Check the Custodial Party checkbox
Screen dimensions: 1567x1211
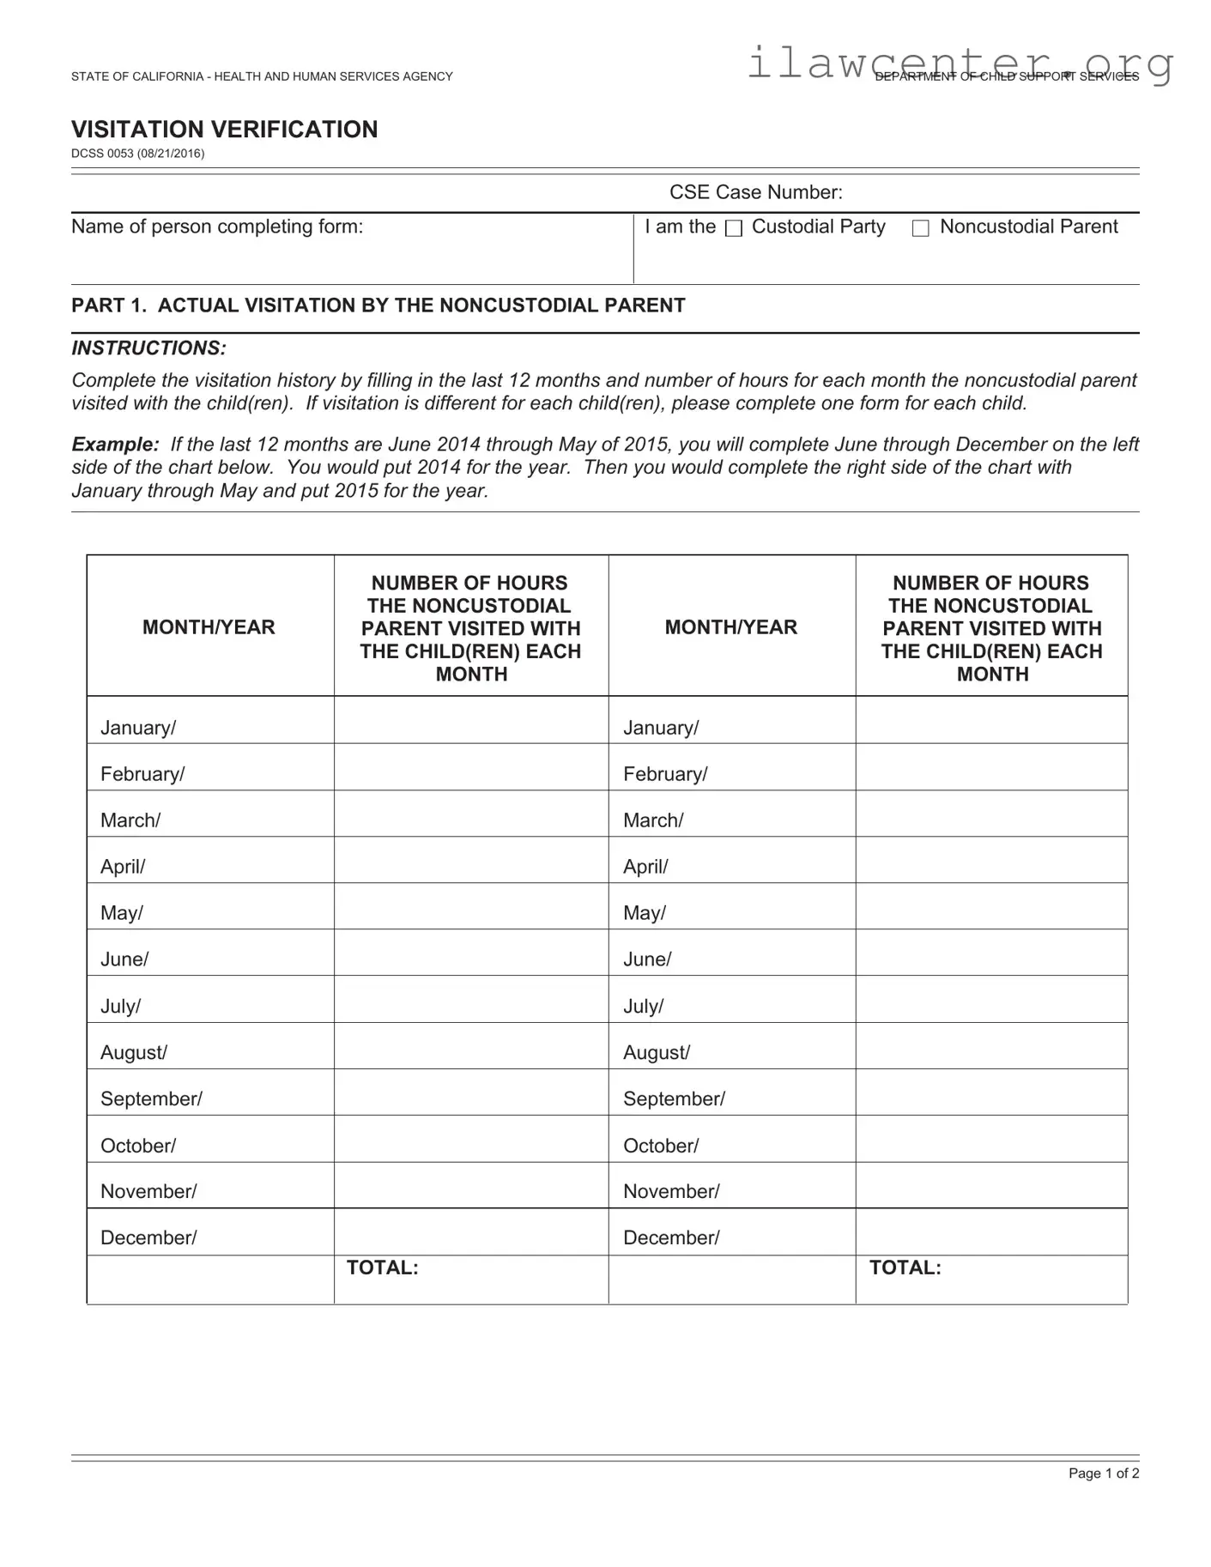point(734,228)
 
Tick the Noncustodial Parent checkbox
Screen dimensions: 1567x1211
point(920,228)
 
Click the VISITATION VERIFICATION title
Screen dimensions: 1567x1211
point(224,130)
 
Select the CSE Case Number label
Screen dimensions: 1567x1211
point(755,192)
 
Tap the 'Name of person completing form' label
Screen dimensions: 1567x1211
point(217,227)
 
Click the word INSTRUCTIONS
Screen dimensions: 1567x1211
point(148,348)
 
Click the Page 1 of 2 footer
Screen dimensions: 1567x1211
point(1103,1473)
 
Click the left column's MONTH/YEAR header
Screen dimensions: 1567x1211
point(209,627)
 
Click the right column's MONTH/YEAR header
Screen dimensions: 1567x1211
point(730,627)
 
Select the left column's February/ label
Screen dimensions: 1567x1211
point(142,774)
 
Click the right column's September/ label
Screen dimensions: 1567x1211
point(674,1099)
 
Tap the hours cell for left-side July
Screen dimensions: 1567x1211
point(470,1000)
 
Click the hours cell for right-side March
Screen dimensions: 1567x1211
point(991,814)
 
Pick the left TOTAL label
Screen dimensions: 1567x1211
point(382,1268)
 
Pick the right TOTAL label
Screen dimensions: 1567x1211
point(905,1268)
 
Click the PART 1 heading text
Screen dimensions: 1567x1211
point(378,306)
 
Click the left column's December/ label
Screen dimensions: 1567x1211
point(148,1237)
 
